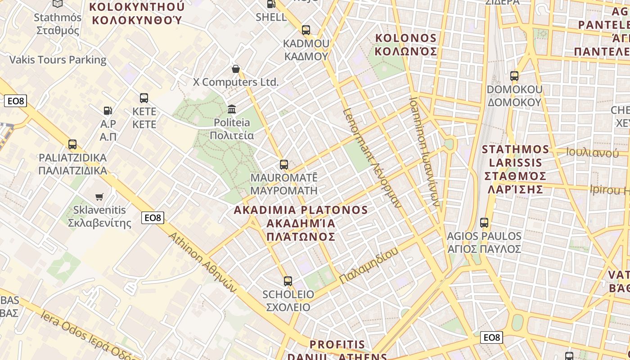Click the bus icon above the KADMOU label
[306, 30]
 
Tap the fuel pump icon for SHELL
[271, 4]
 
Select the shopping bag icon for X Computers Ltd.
[235, 69]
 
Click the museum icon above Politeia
[232, 109]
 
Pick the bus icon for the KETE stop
[144, 98]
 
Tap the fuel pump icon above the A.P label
[108, 110]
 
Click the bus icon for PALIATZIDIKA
[72, 144]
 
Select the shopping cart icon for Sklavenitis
[99, 197]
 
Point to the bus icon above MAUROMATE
[283, 165]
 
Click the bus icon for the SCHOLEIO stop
[288, 281]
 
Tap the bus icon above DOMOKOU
[514, 76]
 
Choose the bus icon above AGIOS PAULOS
[484, 223]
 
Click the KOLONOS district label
[406, 45]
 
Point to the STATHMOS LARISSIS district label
[515, 169]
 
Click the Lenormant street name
[372, 157]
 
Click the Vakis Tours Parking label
[58, 60]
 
